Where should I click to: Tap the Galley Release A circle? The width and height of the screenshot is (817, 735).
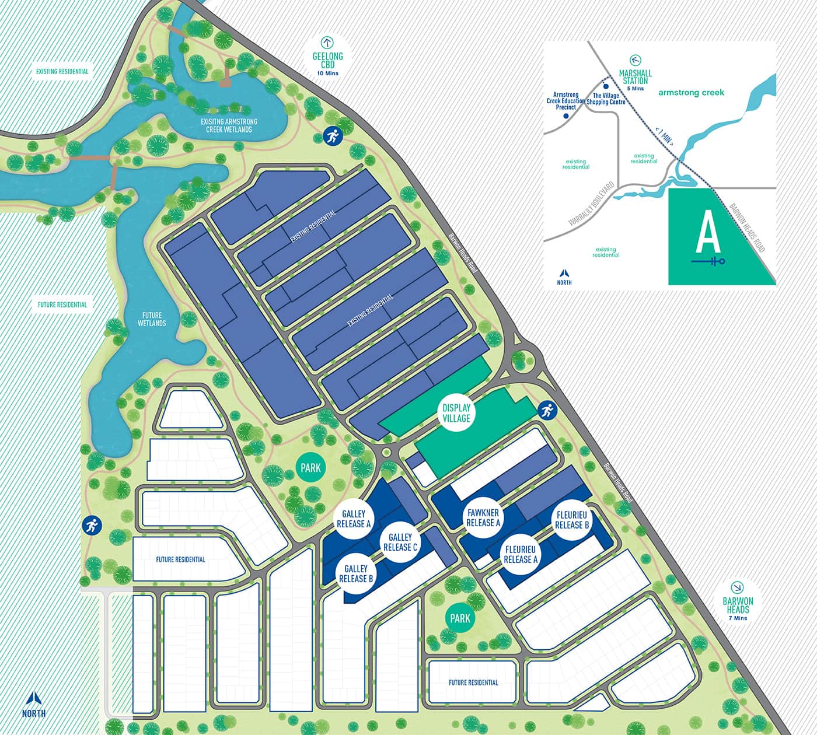(x=354, y=519)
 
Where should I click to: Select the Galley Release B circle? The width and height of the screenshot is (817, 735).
(x=355, y=573)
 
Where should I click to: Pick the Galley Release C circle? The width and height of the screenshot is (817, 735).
(x=400, y=542)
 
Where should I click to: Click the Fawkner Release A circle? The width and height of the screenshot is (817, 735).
(x=483, y=517)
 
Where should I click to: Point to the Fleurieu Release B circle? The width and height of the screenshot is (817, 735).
(x=572, y=520)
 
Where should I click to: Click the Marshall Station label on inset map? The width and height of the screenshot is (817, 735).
(x=635, y=76)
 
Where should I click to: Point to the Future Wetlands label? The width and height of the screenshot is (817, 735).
(x=152, y=319)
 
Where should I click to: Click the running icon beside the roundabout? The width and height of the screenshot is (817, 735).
(x=546, y=410)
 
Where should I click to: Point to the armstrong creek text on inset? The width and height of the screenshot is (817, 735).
(x=690, y=93)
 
